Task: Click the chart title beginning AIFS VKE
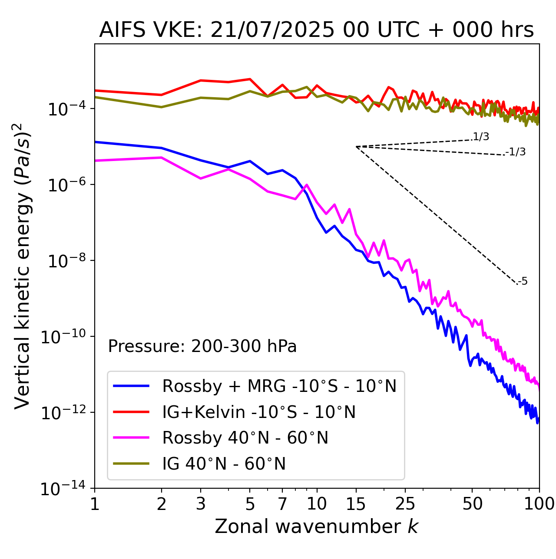316,30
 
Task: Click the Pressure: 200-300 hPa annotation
202,346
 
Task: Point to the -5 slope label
523,282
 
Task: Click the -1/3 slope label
516,152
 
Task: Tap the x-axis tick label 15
356,504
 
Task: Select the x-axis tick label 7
282,504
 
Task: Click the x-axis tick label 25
405,504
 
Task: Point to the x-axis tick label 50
472,504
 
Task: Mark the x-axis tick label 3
201,504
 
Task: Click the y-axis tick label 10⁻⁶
65,185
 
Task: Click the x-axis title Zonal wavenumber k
316,526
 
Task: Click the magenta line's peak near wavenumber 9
307,185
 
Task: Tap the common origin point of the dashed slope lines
356,147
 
